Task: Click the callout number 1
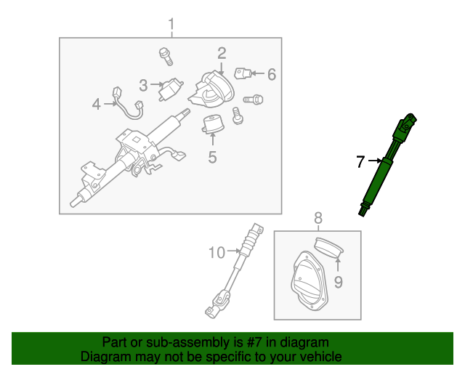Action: tap(171, 26)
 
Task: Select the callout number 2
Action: tap(222, 53)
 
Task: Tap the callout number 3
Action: tap(144, 86)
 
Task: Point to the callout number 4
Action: tap(96, 105)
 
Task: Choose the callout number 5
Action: tap(212, 156)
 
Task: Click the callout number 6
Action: tap(272, 74)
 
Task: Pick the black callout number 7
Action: tap(360, 161)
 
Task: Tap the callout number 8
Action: tap(318, 217)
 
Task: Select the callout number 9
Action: tap(337, 281)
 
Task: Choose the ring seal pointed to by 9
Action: tap(330, 248)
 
